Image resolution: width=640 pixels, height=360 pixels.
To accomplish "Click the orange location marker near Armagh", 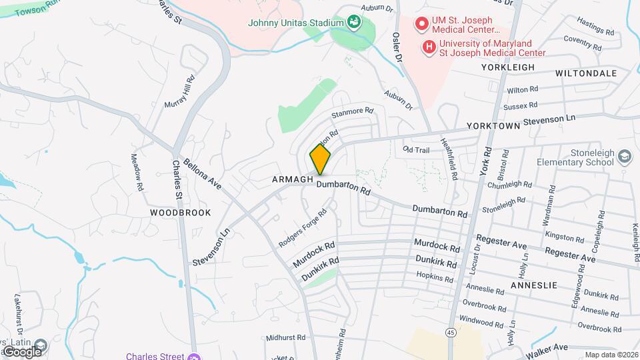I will pyautogui.click(x=320, y=159).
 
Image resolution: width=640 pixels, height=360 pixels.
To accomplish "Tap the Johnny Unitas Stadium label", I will pyautogui.click(x=295, y=23).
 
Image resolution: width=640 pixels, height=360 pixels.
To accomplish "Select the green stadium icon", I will pyautogui.click(x=353, y=23).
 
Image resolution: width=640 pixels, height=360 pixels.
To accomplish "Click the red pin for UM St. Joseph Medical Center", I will pyautogui.click(x=421, y=25).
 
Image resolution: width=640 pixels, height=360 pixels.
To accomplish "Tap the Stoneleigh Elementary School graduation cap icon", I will pyautogui.click(x=625, y=157).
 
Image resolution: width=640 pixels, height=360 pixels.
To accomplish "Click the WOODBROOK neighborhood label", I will pyautogui.click(x=181, y=213).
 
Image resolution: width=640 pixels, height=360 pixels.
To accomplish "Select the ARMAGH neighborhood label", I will pyautogui.click(x=293, y=180).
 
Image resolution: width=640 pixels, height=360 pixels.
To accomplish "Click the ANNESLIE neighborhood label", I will pyautogui.click(x=533, y=285).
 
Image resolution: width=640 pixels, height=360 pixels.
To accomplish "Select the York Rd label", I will pyautogui.click(x=485, y=162).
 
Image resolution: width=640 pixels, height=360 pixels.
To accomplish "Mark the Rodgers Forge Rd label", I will pyautogui.click(x=303, y=229).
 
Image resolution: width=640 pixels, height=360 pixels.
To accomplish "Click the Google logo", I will pyautogui.click(x=22, y=351).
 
